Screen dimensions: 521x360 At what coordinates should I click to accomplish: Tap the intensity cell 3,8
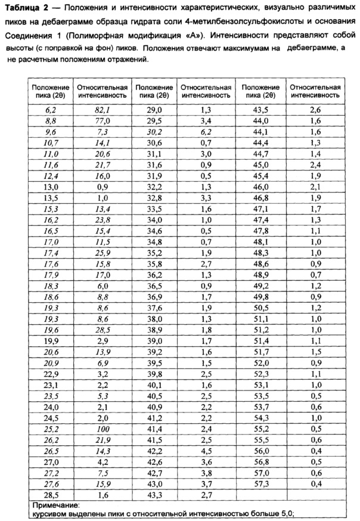[206, 471]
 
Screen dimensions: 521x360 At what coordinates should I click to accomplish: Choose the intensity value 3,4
[206, 121]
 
